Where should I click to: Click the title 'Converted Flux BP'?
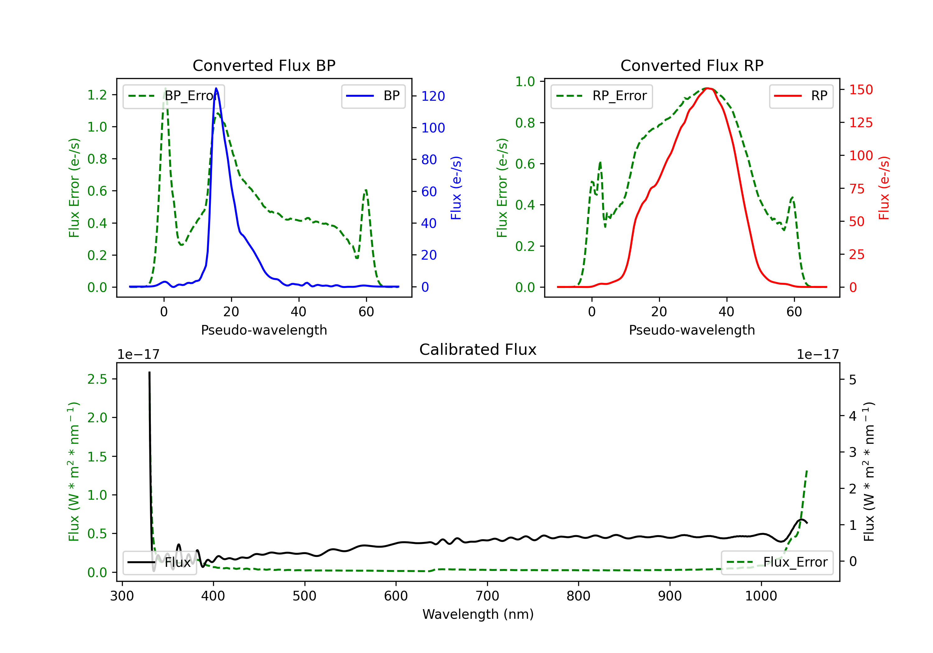point(264,65)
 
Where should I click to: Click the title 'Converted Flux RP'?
point(692,65)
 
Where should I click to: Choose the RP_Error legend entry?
point(601,96)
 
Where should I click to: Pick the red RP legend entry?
point(801,96)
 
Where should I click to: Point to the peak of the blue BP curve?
point(216,89)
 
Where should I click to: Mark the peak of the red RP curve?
point(708,88)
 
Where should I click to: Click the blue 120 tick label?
point(433,96)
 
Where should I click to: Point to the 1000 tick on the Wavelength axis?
point(761,596)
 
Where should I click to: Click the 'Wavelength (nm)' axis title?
point(478,614)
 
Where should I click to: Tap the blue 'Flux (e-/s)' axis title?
point(456,188)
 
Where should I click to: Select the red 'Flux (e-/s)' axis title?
point(884,188)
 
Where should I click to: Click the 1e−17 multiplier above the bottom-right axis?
point(818,354)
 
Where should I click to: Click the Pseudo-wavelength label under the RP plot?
point(692,330)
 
